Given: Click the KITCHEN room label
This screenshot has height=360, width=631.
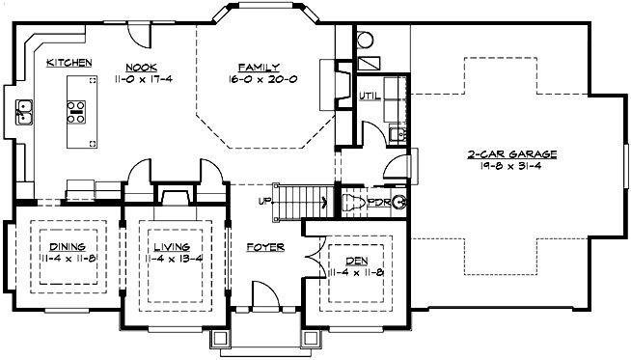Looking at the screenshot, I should pos(69,63).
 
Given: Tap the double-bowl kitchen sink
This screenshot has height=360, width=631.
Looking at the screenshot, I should pos(24,114).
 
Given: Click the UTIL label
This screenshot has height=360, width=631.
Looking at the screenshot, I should pos(368,96).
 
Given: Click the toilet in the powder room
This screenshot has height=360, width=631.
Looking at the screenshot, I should pos(354,203).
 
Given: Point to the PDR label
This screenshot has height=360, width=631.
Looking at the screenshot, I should pos(379,203).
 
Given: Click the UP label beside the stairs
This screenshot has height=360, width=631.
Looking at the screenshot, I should pos(262,202).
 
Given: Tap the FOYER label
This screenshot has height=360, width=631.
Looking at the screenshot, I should pos(264,248).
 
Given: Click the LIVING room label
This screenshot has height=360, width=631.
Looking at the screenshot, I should pos(170,247).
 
